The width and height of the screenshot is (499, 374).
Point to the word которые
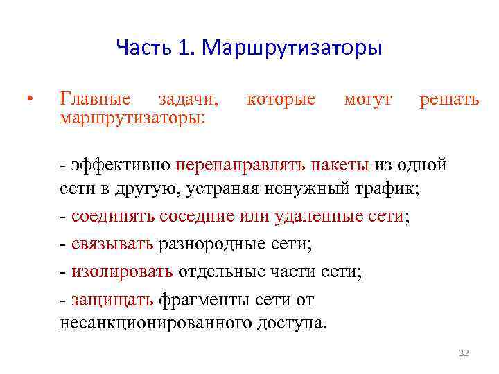(x=281, y=99)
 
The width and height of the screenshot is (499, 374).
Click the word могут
(x=367, y=99)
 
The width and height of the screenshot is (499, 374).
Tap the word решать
(x=449, y=99)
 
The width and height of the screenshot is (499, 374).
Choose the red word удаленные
(x=310, y=216)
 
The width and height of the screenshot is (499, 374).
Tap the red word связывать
(x=112, y=243)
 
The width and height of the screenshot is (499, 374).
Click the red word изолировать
(x=121, y=271)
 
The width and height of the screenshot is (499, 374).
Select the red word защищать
(x=112, y=299)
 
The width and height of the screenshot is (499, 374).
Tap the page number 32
(x=464, y=353)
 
